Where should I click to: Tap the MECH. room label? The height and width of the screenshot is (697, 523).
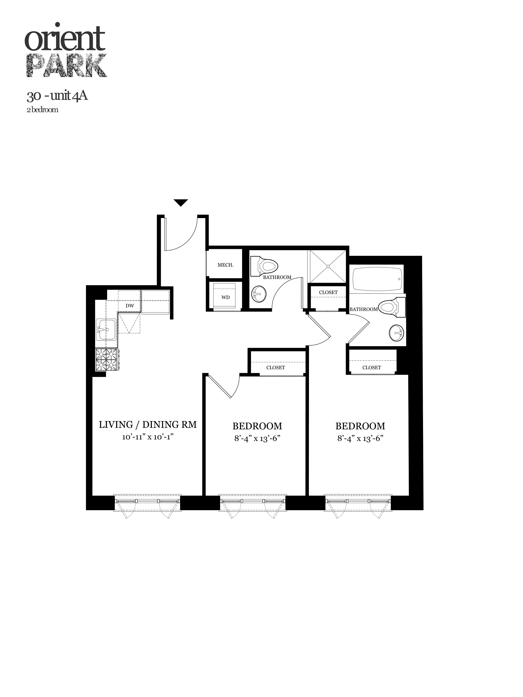[225, 265]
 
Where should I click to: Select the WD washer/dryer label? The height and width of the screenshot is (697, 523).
[225, 297]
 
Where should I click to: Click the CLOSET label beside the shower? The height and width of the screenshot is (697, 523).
[328, 292]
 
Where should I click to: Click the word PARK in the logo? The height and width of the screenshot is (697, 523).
[66, 66]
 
